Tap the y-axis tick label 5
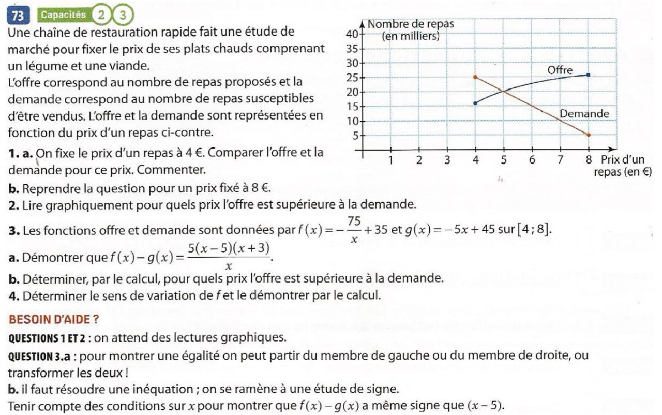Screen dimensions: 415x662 tap(355, 136)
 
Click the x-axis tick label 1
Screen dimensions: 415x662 tap(391, 160)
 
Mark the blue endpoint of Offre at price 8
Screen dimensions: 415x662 tap(588, 75)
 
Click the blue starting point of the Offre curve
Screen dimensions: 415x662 tap(475, 103)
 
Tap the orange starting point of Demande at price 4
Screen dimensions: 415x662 tap(475, 77)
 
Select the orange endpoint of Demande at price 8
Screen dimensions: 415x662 tap(588, 135)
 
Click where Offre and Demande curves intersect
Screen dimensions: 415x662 tap(503, 92)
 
